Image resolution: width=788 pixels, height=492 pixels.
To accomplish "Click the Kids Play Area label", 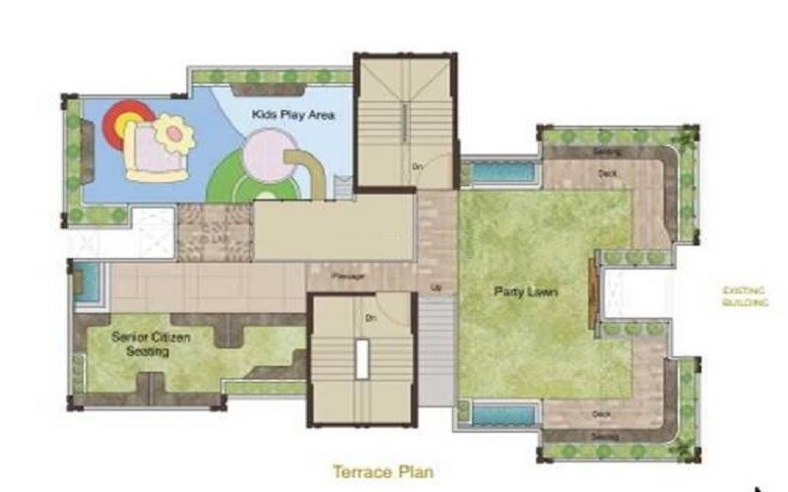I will pos(294,115).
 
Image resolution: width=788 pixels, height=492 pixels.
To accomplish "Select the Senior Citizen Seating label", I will pos(151,343).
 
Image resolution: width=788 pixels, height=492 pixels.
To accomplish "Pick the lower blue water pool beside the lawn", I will pos(501,413).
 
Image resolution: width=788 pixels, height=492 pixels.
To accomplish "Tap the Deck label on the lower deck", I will pos(602,413).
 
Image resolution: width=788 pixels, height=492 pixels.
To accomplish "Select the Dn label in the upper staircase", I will pos(418,165).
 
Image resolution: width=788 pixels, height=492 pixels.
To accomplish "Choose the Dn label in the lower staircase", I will pos(370,317).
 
